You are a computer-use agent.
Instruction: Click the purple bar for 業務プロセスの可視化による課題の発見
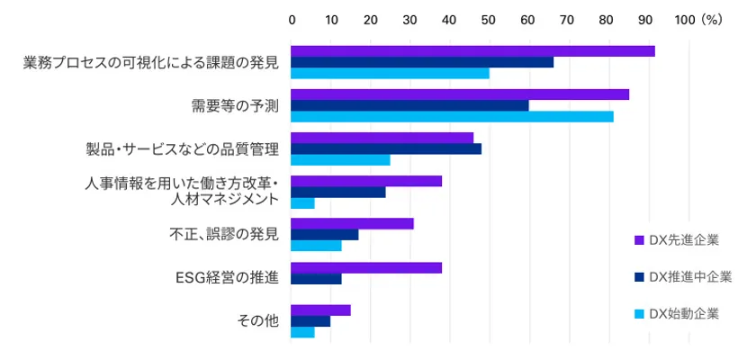coord(472,51)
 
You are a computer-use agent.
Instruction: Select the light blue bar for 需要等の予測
coord(452,117)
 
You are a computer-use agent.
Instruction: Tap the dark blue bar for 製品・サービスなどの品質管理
coord(386,148)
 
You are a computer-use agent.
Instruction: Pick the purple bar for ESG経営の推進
coord(366,267)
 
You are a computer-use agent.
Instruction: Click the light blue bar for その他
coord(302,332)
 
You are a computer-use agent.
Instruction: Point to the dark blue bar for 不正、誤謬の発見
coord(325,235)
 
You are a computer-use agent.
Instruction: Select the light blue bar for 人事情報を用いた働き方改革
coord(302,203)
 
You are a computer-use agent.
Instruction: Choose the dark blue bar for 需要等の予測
coord(409,105)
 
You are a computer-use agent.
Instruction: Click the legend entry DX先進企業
coord(676,239)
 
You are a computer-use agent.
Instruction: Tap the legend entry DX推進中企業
coord(682,276)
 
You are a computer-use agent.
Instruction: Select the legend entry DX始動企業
coord(676,313)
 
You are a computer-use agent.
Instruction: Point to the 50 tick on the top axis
coord(488,19)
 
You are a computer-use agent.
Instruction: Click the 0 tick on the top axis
coord(292,19)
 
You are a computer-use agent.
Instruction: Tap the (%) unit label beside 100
coord(712,19)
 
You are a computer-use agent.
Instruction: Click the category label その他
coord(258,320)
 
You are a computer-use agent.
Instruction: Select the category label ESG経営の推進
coord(226,277)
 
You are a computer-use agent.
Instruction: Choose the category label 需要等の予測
coord(235,106)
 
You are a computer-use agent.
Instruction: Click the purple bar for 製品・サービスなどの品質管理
coord(382,137)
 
